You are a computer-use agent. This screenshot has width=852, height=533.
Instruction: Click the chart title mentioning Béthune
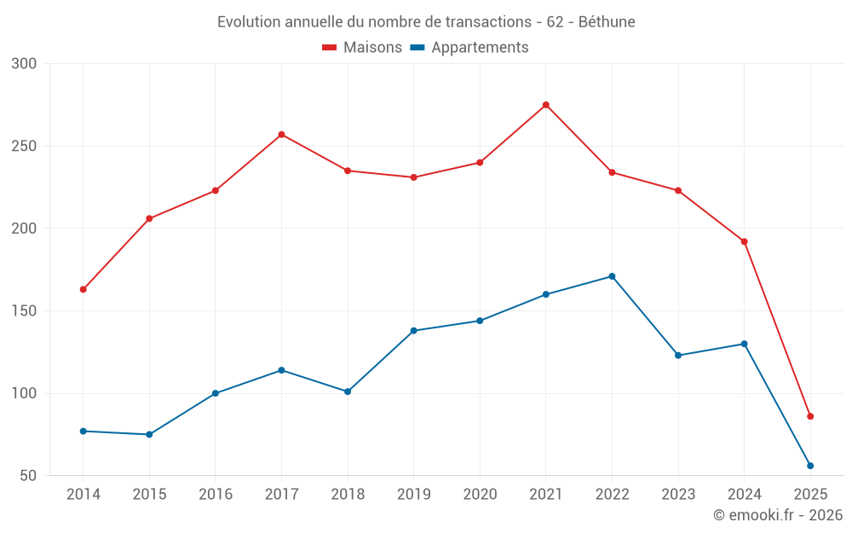point(426,21)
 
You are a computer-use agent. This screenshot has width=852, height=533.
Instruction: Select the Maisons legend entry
point(362,48)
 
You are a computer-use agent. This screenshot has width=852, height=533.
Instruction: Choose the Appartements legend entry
point(469,48)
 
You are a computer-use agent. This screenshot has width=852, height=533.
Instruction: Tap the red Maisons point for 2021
point(546,105)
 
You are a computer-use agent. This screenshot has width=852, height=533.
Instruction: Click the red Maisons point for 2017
point(281,135)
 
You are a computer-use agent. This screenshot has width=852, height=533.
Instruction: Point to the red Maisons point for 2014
point(83,289)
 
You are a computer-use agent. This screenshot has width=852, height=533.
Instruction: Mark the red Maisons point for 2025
point(810,416)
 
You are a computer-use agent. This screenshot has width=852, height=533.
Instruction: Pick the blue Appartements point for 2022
point(612,276)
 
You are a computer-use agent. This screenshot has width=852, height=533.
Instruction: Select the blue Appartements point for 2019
point(413,331)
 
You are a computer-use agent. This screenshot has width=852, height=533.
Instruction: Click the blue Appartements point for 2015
point(149,434)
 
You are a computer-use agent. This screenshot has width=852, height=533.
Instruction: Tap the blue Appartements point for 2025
point(810,466)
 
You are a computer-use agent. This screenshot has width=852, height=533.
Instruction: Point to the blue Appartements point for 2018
point(348,391)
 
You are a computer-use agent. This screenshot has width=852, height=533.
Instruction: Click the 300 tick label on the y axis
point(25,64)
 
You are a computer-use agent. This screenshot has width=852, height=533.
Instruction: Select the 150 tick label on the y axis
point(25,311)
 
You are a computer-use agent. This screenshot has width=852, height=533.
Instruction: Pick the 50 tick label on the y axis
point(28,476)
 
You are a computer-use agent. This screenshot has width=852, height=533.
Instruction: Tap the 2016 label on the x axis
point(216,495)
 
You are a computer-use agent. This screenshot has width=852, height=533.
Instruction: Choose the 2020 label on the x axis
point(480,495)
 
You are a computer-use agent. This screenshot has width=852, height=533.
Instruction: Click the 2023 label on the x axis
point(678,495)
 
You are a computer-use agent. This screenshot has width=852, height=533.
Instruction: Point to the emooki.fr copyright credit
point(778,515)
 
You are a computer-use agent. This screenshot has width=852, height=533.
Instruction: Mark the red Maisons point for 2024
point(744,241)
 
